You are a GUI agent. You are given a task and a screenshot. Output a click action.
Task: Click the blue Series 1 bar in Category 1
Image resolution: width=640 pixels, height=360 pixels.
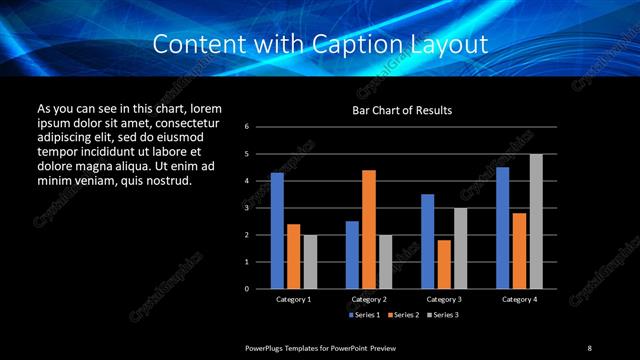coord(277,231)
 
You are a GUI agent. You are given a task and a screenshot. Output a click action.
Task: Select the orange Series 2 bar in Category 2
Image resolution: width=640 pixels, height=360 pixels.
coord(368,229)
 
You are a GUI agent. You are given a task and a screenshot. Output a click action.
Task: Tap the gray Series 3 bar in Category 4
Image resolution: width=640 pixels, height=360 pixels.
coord(536,221)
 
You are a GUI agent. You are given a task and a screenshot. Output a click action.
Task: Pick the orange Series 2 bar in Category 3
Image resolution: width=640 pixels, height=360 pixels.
coord(444,264)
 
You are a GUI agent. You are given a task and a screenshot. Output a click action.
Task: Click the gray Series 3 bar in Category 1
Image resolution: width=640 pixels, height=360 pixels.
coord(310,262)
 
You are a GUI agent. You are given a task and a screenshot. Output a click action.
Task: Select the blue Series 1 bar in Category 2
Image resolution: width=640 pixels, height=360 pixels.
coord(352,255)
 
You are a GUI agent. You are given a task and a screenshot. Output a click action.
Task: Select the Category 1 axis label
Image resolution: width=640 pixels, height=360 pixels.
coord(293,299)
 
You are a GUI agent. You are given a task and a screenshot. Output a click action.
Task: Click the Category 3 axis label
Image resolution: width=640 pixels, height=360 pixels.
coord(444,299)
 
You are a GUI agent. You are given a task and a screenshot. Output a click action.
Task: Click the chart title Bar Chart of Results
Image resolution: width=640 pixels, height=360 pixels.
coord(403,110)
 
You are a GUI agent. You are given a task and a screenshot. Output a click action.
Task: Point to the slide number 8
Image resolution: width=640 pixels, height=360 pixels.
coord(590,347)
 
